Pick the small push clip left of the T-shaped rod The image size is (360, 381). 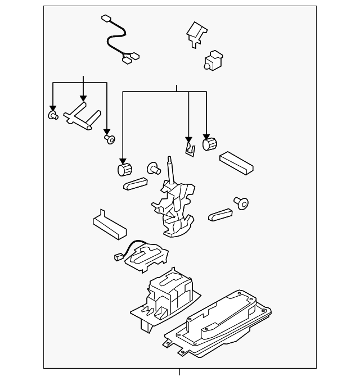[x=52, y=115]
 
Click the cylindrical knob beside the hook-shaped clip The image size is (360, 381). [x=209, y=144]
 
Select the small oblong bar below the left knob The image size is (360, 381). [x=134, y=183]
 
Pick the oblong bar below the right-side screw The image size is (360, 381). [x=220, y=214]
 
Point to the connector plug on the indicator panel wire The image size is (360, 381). [x=118, y=257]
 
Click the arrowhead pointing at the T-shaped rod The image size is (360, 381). [x=83, y=98]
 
